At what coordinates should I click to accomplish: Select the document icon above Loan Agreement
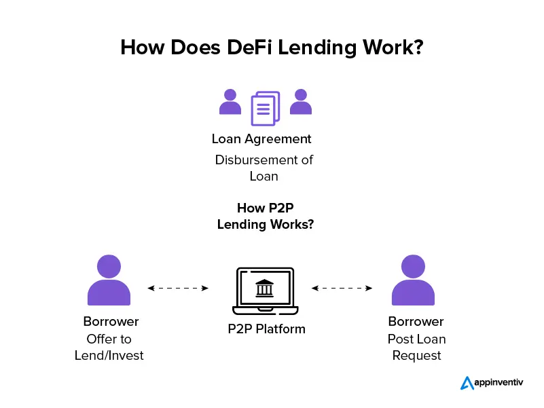tap(265, 109)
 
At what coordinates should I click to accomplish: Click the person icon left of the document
tap(230, 101)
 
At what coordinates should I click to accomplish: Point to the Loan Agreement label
tap(261, 139)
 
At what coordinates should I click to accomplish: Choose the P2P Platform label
tap(266, 329)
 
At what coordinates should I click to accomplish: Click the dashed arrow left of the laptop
tap(178, 288)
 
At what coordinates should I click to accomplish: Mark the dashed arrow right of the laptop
tap(342, 288)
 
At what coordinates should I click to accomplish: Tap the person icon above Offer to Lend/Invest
tap(109, 280)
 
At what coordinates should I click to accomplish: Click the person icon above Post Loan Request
tap(413, 280)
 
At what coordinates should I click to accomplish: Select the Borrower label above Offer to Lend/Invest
tap(111, 322)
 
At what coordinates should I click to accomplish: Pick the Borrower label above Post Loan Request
tap(416, 322)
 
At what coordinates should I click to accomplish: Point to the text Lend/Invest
tap(109, 356)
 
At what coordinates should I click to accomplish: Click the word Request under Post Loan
tap(416, 356)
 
